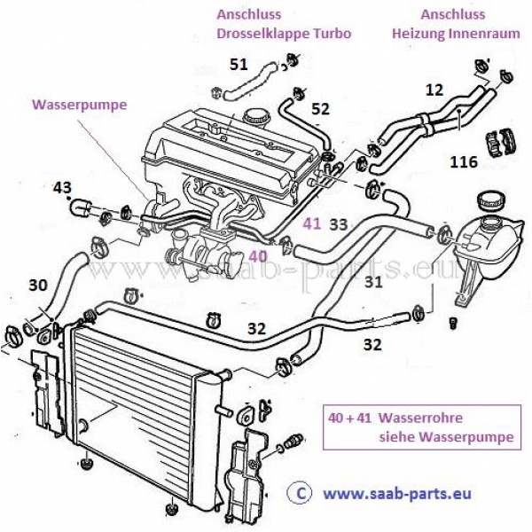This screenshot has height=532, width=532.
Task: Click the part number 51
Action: [239, 64]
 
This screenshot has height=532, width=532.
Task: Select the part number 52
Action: [320, 108]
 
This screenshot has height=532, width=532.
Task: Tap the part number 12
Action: [434, 90]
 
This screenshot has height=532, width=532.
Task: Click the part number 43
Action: [62, 187]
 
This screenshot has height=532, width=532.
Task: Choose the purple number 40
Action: [257, 254]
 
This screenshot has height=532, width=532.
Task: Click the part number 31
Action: [373, 283]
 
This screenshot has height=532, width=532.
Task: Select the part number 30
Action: [37, 286]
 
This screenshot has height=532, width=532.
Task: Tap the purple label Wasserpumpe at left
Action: [79, 104]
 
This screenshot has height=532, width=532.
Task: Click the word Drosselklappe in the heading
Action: [260, 34]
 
